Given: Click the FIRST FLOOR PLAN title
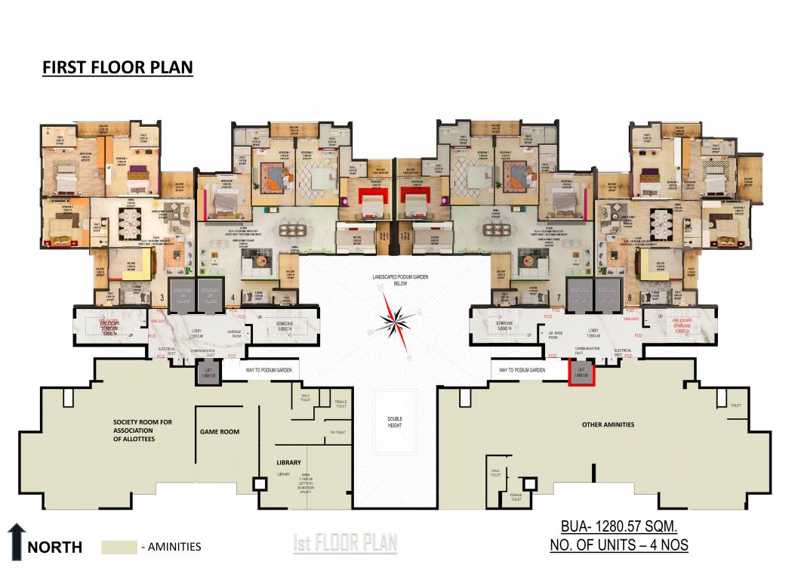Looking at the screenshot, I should tap(117, 67).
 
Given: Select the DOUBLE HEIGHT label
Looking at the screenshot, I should tap(395, 422).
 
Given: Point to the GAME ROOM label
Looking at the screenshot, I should tap(220, 432).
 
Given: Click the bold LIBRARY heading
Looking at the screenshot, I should tap(288, 462).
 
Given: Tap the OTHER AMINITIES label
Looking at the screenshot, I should tap(608, 424).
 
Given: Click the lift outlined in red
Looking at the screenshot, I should tap(581, 372).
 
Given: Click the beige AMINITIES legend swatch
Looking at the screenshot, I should tap(119, 547).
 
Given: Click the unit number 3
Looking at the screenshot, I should tap(162, 298).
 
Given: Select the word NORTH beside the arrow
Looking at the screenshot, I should tap(54, 548).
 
